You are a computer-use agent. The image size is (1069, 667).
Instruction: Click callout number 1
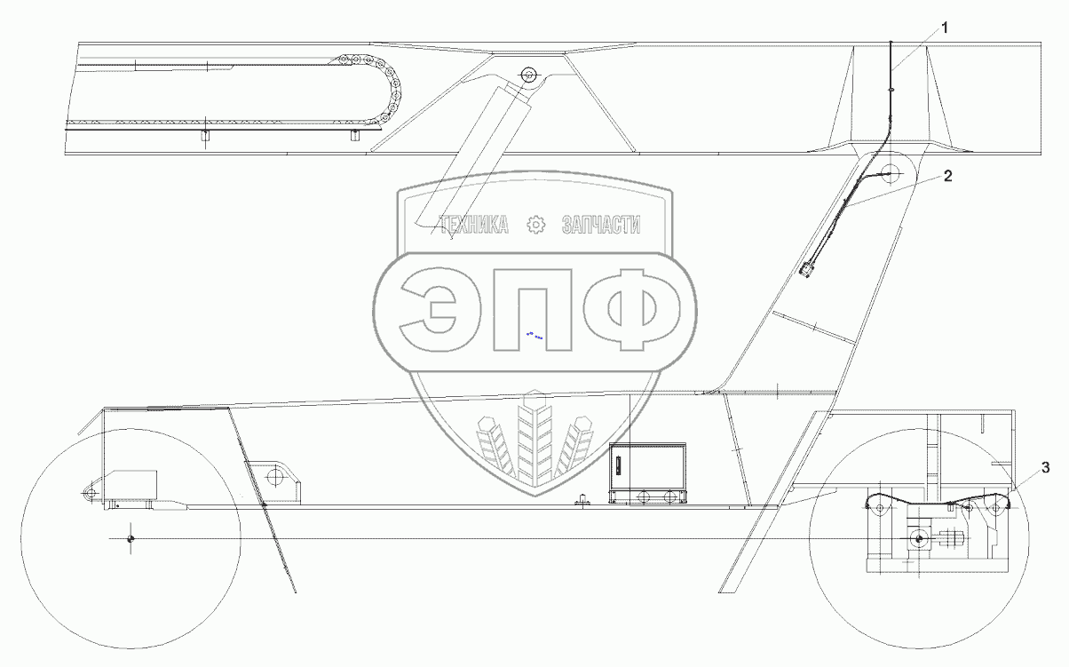pyautogui.click(x=945, y=28)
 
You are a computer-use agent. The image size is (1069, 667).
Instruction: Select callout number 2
pyautogui.click(x=947, y=176)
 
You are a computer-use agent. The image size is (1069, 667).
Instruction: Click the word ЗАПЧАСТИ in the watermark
pyautogui.click(x=601, y=226)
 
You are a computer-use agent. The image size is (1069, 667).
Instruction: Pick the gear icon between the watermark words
pyautogui.click(x=535, y=226)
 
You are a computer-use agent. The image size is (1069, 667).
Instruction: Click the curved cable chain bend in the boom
pyautogui.click(x=389, y=89)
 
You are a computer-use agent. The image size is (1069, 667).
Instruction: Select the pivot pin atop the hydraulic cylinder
pyautogui.click(x=530, y=75)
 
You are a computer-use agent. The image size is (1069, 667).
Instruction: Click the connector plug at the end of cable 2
pyautogui.click(x=807, y=269)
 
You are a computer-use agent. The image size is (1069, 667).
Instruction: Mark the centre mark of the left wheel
pyautogui.click(x=131, y=539)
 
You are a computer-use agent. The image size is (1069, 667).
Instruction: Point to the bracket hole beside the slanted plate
pyautogui.click(x=275, y=477)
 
